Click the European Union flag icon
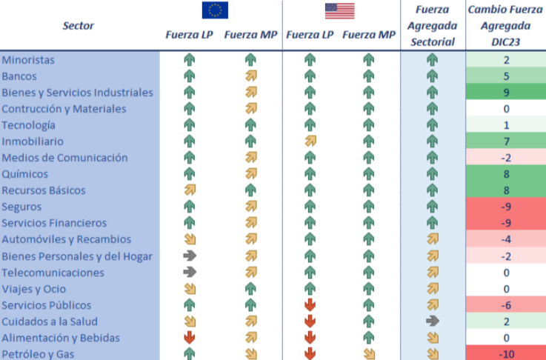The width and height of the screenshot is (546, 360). point(215,10)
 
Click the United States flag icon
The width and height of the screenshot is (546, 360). point(339,10)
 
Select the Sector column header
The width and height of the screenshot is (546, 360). point(79,26)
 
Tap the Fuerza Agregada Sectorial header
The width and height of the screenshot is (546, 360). point(432,26)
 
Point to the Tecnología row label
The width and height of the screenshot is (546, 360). point(29,125)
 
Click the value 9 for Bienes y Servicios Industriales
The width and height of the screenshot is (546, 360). point(506,93)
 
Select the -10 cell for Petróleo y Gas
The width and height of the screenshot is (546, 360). point(506,354)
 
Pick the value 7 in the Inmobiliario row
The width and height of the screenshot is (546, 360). point(506,141)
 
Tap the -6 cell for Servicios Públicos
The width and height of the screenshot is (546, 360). point(506,305)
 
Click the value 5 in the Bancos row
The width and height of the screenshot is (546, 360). point(506,76)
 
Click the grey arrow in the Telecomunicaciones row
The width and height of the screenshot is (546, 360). point(189,273)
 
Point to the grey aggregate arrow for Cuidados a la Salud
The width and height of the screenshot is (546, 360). point(433,321)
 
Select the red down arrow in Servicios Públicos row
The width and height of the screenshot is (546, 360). point(310,305)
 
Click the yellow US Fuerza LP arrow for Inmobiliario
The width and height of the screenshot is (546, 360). point(310,141)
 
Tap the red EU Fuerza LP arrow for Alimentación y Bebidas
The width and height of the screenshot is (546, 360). point(189,338)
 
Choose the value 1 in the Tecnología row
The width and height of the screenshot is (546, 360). point(506,125)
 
